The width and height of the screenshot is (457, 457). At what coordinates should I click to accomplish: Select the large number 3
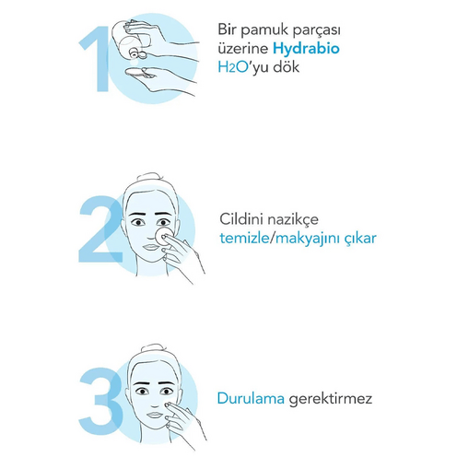click(x=100, y=401)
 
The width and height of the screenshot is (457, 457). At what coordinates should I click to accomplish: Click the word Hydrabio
click(x=306, y=49)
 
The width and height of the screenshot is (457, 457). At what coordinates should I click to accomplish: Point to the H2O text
click(x=233, y=67)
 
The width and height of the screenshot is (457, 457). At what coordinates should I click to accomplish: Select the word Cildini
click(x=241, y=219)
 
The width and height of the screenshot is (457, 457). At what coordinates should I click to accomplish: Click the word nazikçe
click(x=293, y=220)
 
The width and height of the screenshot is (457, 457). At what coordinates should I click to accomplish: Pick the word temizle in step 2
click(x=244, y=239)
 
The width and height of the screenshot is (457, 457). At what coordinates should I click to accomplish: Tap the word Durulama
click(x=251, y=399)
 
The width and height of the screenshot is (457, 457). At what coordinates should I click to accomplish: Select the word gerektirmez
click(x=330, y=400)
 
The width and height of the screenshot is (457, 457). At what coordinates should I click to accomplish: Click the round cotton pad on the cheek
click(x=163, y=236)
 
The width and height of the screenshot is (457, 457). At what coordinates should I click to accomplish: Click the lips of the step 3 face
click(x=156, y=416)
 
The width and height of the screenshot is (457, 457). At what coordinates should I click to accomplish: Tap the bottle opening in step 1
click(x=134, y=54)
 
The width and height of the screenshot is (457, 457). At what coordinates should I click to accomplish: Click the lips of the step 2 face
click(x=151, y=247)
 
